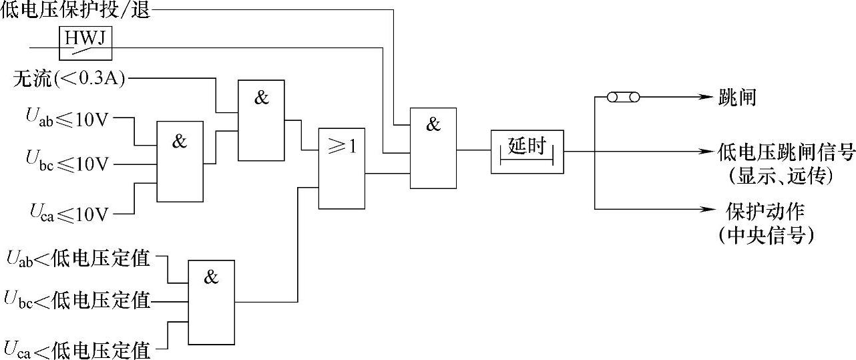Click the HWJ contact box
pyautogui.click(x=85, y=43)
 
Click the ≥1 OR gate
pyautogui.click(x=341, y=168)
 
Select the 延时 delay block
pyautogui.click(x=527, y=151)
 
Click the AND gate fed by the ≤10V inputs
pyautogui.click(x=180, y=161)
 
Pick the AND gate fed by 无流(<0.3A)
pyautogui.click(x=261, y=120)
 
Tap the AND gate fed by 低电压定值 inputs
pyautogui.click(x=211, y=302)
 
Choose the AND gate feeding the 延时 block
pyautogui.click(x=433, y=148)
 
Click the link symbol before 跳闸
pyautogui.click(x=623, y=98)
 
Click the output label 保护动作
pyautogui.click(x=765, y=212)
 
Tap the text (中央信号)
pyautogui.click(x=765, y=235)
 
